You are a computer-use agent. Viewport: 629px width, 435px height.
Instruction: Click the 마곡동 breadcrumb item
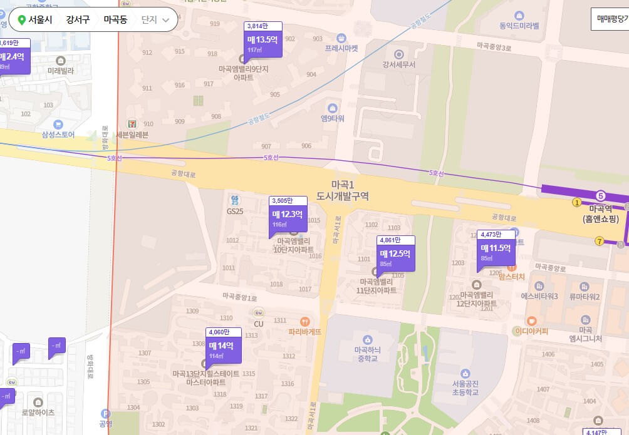pos(115,19)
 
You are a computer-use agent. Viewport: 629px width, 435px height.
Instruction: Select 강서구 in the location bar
pos(78,19)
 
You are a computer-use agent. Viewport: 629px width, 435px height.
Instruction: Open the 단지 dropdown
pos(155,19)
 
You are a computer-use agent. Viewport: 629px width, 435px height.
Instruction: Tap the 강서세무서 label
pos(399,64)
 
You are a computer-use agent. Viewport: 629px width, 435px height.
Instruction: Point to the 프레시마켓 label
pos(341,48)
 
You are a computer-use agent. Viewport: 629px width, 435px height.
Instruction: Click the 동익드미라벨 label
pos(519,26)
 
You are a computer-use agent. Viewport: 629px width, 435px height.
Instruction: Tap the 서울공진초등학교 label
pos(465,387)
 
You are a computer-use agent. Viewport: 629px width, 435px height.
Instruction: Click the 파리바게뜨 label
pos(304,332)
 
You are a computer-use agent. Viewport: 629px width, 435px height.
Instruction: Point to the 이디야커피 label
pos(531,330)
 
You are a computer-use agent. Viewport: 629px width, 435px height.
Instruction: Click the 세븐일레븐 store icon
pos(132,125)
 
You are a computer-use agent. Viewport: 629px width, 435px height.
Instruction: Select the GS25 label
pos(235,211)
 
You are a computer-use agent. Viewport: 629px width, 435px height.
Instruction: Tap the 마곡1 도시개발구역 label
pos(343,190)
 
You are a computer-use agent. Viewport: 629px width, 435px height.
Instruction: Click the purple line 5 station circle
pos(601,196)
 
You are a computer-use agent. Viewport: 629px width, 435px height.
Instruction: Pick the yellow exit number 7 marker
pos(600,242)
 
